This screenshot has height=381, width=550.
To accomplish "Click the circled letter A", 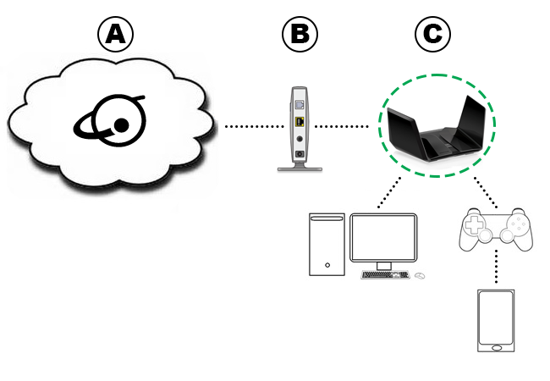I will point(117,34).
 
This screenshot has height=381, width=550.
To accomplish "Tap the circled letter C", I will point(432,34).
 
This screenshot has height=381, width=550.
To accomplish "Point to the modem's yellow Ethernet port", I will point(300,123).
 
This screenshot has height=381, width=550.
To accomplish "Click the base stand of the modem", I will point(300,167).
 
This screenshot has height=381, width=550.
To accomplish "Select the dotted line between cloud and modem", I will point(251,127).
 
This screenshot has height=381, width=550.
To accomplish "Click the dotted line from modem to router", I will point(342,127).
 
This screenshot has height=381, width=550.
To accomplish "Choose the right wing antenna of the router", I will point(474,123).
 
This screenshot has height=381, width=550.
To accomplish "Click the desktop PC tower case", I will point(327,244).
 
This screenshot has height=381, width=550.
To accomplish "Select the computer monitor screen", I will point(383,237).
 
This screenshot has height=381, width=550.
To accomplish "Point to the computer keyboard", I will point(386,275).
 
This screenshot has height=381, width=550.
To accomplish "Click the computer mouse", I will point(420,275).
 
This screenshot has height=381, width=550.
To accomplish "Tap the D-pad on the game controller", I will point(475,228).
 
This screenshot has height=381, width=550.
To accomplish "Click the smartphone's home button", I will point(496,346).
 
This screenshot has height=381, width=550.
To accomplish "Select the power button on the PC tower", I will point(327,266).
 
